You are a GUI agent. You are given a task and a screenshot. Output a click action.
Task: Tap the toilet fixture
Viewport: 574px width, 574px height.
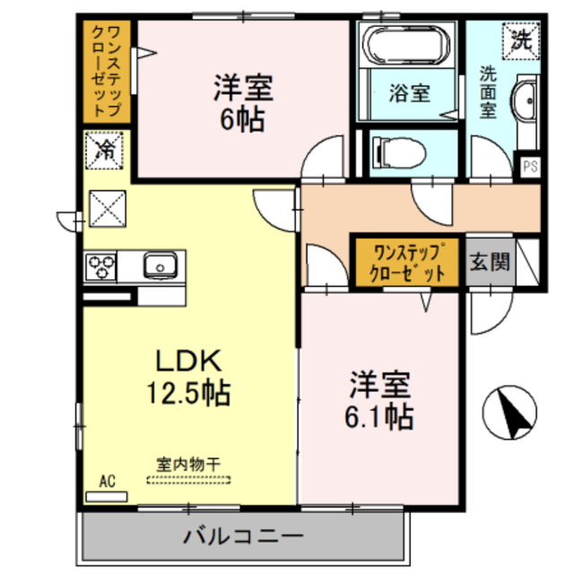point(395,151)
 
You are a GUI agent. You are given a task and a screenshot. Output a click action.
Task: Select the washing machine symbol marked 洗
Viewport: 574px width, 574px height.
point(520,39)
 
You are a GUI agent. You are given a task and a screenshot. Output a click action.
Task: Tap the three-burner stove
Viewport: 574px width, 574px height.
point(100,266)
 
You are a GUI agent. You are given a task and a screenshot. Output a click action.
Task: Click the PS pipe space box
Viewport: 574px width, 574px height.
point(530,166)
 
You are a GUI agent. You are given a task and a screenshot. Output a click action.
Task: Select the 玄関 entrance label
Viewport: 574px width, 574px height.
point(490,263)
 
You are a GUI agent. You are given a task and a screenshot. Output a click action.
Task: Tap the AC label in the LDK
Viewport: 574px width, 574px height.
point(108,482)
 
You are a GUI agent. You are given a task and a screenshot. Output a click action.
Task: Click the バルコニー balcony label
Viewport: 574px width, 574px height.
point(244,538)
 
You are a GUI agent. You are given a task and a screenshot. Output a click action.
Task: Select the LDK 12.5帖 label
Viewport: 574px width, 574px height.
point(189,376)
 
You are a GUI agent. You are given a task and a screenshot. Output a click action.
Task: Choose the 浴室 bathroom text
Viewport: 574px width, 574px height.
point(410,91)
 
